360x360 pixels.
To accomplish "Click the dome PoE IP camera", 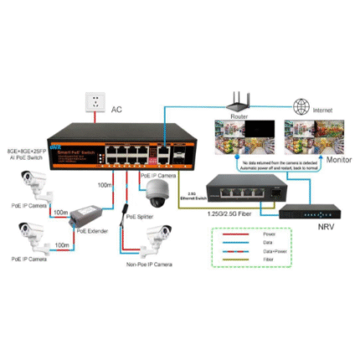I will (157, 195).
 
